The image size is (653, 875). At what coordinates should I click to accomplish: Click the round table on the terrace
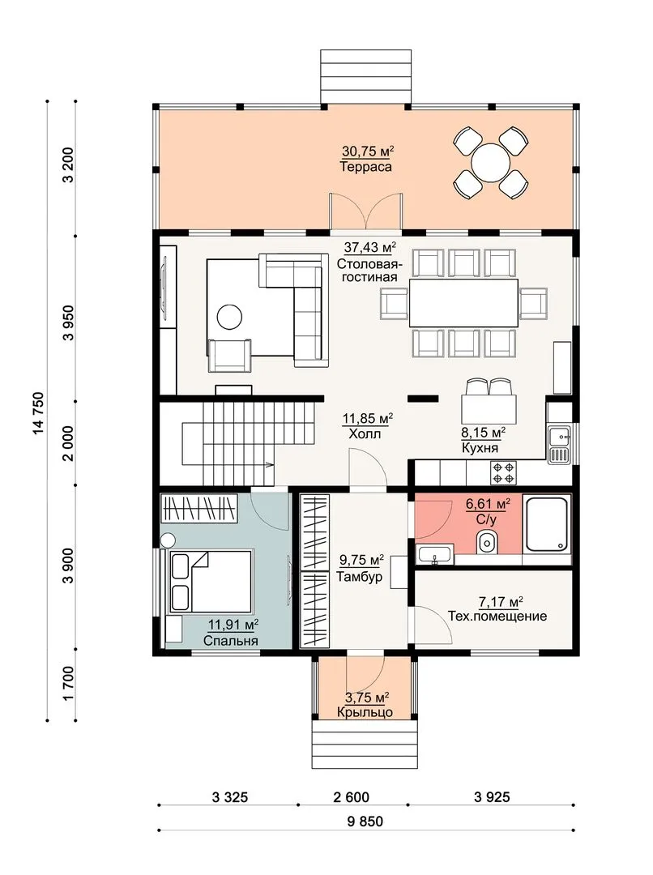tap(490, 162)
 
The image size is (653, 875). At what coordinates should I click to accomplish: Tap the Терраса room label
tap(365, 167)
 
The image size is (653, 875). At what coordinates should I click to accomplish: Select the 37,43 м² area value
tap(369, 246)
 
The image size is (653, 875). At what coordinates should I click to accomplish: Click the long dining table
tap(463, 302)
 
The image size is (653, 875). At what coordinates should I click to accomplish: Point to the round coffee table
tap(229, 318)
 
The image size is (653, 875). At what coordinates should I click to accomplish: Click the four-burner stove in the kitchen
tap(503, 472)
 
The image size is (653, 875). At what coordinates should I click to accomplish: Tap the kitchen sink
tap(559, 445)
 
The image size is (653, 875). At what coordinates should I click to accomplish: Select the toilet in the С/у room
tap(487, 541)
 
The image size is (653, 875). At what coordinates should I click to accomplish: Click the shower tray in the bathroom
tap(547, 525)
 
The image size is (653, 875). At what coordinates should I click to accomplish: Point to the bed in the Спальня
tap(210, 582)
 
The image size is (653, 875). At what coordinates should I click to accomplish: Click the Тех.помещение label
tap(497, 616)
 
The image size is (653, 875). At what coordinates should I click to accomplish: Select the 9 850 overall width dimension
tap(365, 822)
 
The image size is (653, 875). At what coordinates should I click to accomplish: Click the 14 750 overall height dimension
tap(38, 413)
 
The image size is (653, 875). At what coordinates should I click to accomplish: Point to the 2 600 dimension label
tap(352, 797)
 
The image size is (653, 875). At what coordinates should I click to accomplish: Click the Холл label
tap(365, 433)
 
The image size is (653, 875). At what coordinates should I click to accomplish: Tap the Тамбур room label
tap(360, 577)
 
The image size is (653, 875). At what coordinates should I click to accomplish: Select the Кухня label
tap(480, 447)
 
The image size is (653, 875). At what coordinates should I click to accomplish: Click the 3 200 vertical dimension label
tap(68, 165)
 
